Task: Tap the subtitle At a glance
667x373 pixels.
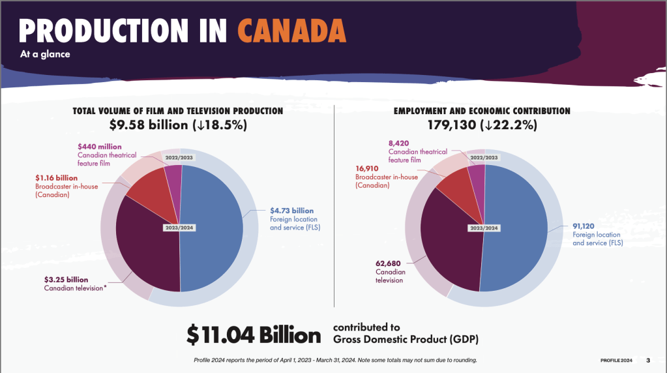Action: (44, 55)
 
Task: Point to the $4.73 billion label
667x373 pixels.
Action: (291, 211)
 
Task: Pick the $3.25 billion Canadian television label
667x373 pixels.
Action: (66, 280)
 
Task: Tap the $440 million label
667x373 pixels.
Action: (99, 147)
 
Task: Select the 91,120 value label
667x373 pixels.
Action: (585, 226)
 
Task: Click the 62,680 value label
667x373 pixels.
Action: (389, 263)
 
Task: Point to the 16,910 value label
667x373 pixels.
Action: (369, 168)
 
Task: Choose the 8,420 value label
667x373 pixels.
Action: (398, 143)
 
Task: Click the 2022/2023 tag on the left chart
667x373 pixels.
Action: (179, 157)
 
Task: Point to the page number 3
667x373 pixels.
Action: (648, 360)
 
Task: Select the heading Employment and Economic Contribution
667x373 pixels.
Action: (482, 111)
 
